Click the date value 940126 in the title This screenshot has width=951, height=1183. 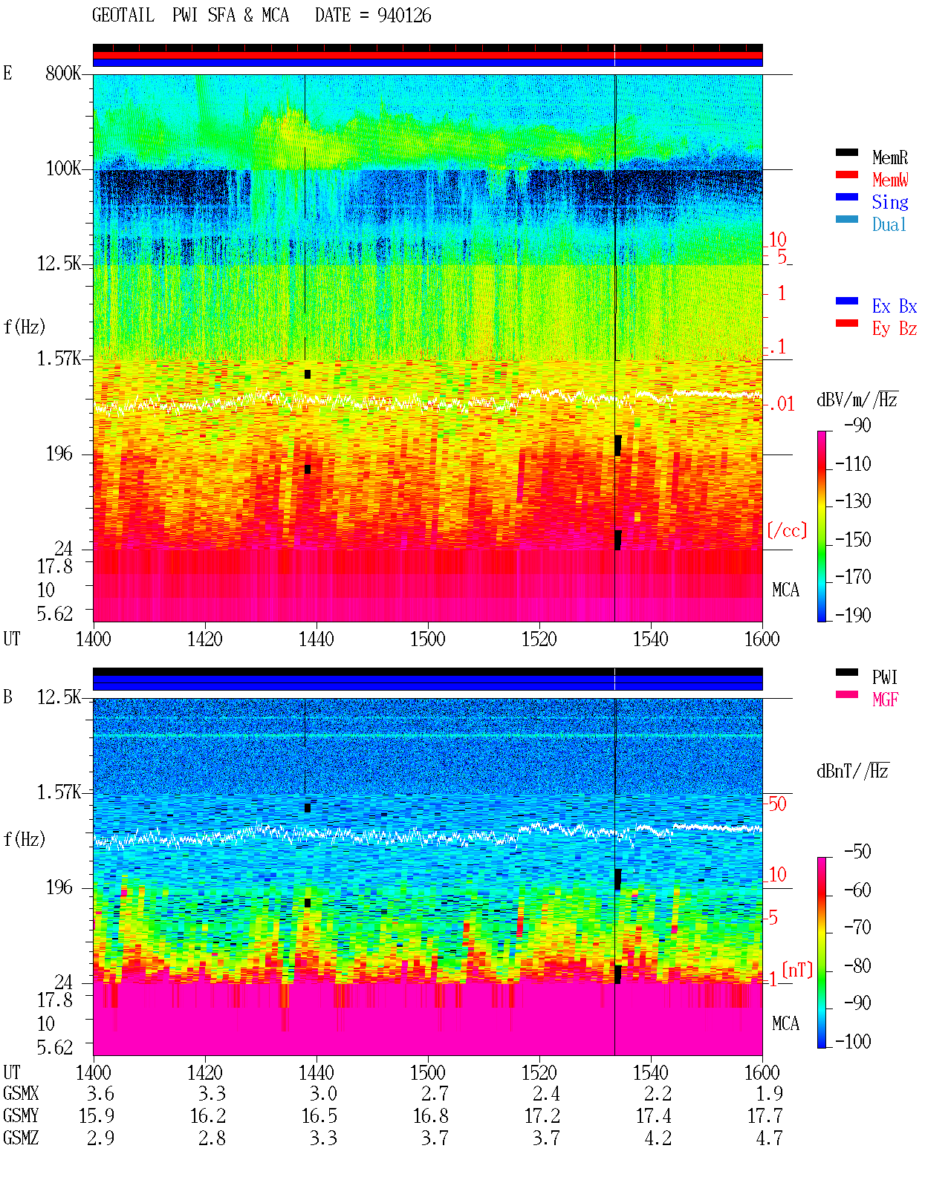(404, 16)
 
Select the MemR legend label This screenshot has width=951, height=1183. (889, 157)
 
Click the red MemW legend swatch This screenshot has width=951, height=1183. (846, 175)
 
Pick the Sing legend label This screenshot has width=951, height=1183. (889, 202)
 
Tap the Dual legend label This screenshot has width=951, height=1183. (889, 224)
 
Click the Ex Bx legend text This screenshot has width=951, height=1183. (894, 306)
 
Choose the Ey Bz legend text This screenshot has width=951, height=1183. (894, 328)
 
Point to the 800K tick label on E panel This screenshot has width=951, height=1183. (63, 73)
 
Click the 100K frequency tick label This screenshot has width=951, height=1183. (63, 169)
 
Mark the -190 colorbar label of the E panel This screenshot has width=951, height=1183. (853, 615)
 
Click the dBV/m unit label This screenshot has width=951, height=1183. (857, 400)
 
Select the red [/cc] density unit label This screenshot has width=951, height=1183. (787, 530)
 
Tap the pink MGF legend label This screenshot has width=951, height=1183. (885, 700)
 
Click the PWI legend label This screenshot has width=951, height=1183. (884, 677)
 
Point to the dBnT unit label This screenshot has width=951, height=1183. (852, 772)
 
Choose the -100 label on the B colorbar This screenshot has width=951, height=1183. (853, 1041)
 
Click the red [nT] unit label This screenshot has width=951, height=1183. (797, 970)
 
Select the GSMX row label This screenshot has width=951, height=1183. (21, 1093)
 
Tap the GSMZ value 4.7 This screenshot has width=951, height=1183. (769, 1138)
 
